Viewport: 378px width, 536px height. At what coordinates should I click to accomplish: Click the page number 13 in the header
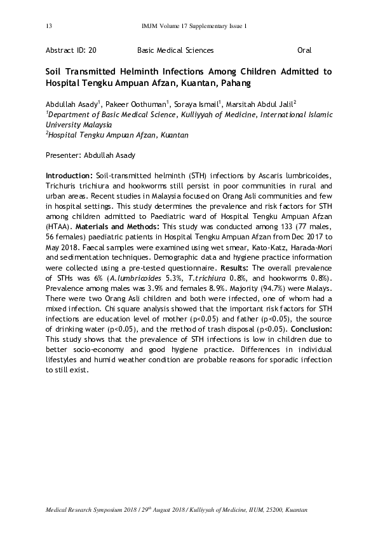49,26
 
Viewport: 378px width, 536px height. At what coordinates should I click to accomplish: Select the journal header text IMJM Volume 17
169,26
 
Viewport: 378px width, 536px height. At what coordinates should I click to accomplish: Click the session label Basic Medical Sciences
175,50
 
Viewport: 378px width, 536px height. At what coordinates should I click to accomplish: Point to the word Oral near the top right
304,50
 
